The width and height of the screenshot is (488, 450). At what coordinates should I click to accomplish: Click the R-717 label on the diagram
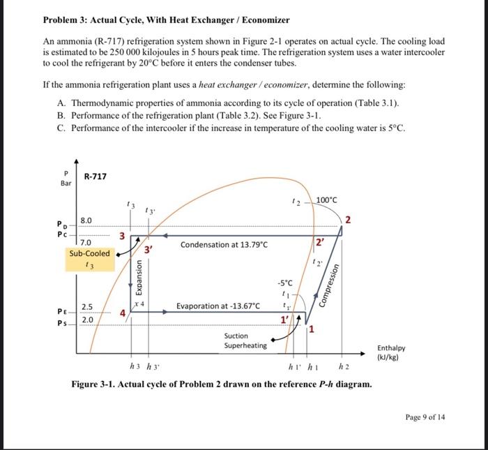click(x=96, y=176)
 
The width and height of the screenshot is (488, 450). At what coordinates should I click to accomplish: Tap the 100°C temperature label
click(x=326, y=200)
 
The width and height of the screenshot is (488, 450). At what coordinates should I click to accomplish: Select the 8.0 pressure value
click(x=86, y=220)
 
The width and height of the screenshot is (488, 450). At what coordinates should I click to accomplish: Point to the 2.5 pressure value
click(x=87, y=306)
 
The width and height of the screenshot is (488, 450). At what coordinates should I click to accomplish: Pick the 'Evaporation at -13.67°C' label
click(x=218, y=306)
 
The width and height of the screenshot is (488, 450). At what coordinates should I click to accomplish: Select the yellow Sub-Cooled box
click(x=89, y=258)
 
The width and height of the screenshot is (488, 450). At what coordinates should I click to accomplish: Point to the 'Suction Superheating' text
click(x=245, y=340)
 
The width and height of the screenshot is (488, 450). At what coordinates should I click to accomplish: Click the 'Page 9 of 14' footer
click(x=425, y=417)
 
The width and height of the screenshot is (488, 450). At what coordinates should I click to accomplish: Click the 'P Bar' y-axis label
click(x=66, y=179)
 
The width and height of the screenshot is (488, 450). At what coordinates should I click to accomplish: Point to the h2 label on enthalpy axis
click(x=343, y=367)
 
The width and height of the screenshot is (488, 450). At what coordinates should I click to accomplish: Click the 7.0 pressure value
click(x=86, y=241)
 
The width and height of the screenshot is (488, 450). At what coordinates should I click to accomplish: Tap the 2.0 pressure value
click(x=86, y=320)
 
